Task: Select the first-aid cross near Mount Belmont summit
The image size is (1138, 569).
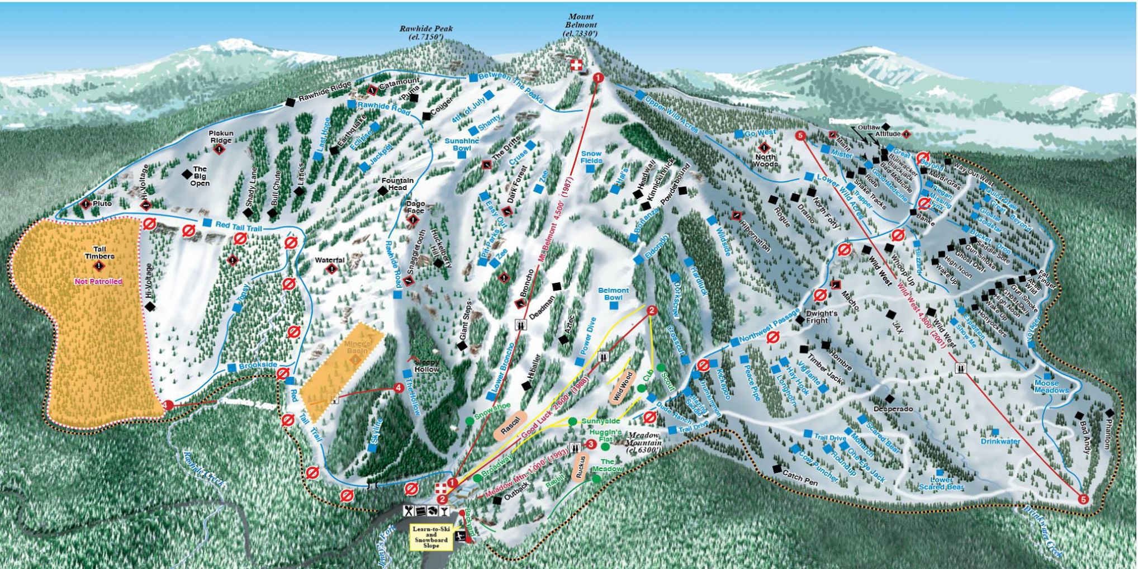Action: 576,65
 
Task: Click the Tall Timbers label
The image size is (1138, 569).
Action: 99,253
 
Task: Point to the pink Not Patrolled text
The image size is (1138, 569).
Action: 98,282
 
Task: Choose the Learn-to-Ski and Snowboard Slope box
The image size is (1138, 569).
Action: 432,537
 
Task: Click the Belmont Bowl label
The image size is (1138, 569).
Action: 613,294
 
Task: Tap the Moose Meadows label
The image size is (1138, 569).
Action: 1051,386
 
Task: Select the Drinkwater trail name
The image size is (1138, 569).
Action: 1001,441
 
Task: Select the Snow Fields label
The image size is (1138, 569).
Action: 591,157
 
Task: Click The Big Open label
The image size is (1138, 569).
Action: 200,176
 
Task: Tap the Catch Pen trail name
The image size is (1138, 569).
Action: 800,479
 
